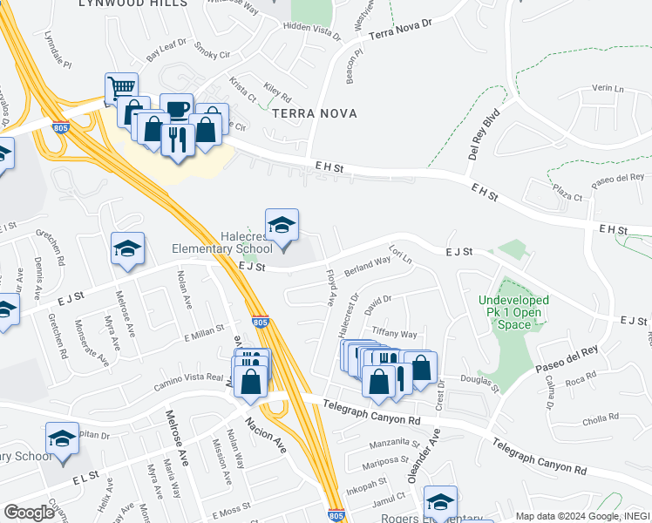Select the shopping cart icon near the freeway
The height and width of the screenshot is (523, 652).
121,88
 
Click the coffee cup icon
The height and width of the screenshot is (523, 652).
177,108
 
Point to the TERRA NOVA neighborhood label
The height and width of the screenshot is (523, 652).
304,113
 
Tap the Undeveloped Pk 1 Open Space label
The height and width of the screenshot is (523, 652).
514,312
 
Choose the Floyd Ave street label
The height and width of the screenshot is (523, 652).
330,288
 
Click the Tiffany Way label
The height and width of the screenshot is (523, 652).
395,334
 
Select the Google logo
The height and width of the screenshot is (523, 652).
29,512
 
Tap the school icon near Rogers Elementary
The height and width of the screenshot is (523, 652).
440,503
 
